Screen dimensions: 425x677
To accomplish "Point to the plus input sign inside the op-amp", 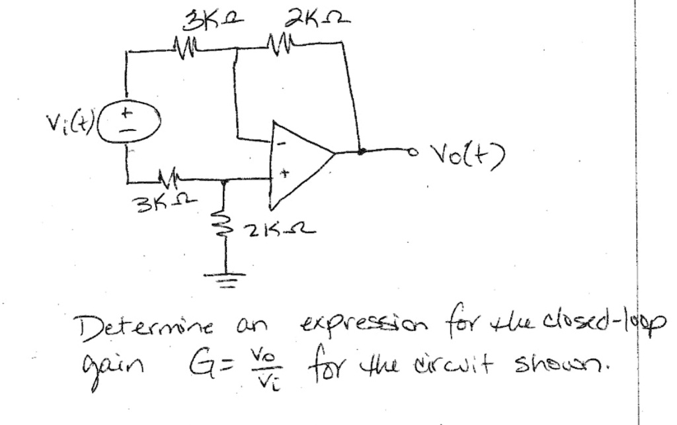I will point(283,174).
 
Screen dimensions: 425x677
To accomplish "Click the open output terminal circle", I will point(415,152).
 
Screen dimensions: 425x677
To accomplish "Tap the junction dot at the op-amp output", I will point(361,152).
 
